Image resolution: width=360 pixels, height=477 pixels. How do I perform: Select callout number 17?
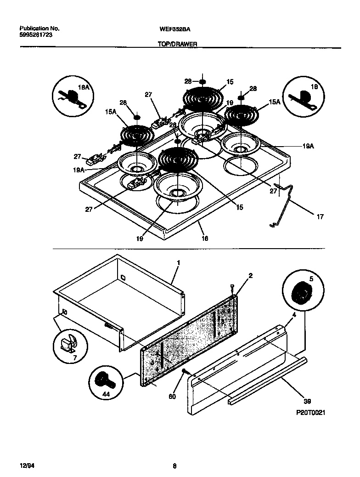click(320, 216)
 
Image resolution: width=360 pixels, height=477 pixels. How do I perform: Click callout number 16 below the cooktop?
click(205, 238)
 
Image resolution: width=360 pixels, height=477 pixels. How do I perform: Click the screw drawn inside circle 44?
click(101, 379)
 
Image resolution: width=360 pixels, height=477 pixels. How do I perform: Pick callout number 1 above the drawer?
click(179, 262)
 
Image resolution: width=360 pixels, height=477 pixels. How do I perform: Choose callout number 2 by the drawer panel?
click(251, 276)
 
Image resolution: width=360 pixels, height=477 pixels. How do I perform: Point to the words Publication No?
click(40, 28)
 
